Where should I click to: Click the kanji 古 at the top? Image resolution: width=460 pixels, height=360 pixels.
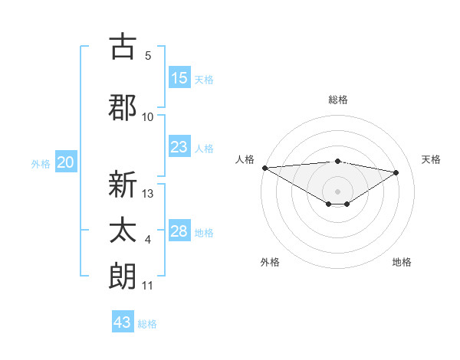(123, 47)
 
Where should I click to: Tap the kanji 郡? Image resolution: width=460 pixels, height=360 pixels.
(123, 107)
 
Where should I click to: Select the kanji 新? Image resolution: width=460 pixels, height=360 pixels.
(123, 185)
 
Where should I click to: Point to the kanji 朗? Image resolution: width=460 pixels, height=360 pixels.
(123, 276)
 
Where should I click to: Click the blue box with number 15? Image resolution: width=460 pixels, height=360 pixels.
(179, 78)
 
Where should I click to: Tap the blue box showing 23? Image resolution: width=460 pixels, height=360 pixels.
(179, 147)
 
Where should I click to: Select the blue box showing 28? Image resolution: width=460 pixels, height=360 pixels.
(179, 231)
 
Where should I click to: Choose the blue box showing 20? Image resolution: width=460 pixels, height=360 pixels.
(66, 162)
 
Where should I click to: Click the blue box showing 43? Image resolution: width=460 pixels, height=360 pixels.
(123, 322)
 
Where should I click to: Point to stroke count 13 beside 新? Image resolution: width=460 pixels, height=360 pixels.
(149, 194)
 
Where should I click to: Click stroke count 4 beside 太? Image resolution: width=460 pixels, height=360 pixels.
(148, 241)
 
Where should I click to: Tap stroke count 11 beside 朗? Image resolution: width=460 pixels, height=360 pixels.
(148, 286)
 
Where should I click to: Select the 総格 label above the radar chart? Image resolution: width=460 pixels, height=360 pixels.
(338, 100)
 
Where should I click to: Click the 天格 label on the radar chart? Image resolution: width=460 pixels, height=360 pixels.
(432, 159)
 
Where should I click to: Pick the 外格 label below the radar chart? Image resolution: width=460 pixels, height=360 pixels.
(270, 262)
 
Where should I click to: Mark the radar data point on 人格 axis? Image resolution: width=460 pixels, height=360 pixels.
(264, 167)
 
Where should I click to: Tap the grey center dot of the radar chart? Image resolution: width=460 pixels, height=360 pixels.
(337, 190)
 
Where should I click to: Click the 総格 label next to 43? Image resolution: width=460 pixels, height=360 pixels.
(147, 324)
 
